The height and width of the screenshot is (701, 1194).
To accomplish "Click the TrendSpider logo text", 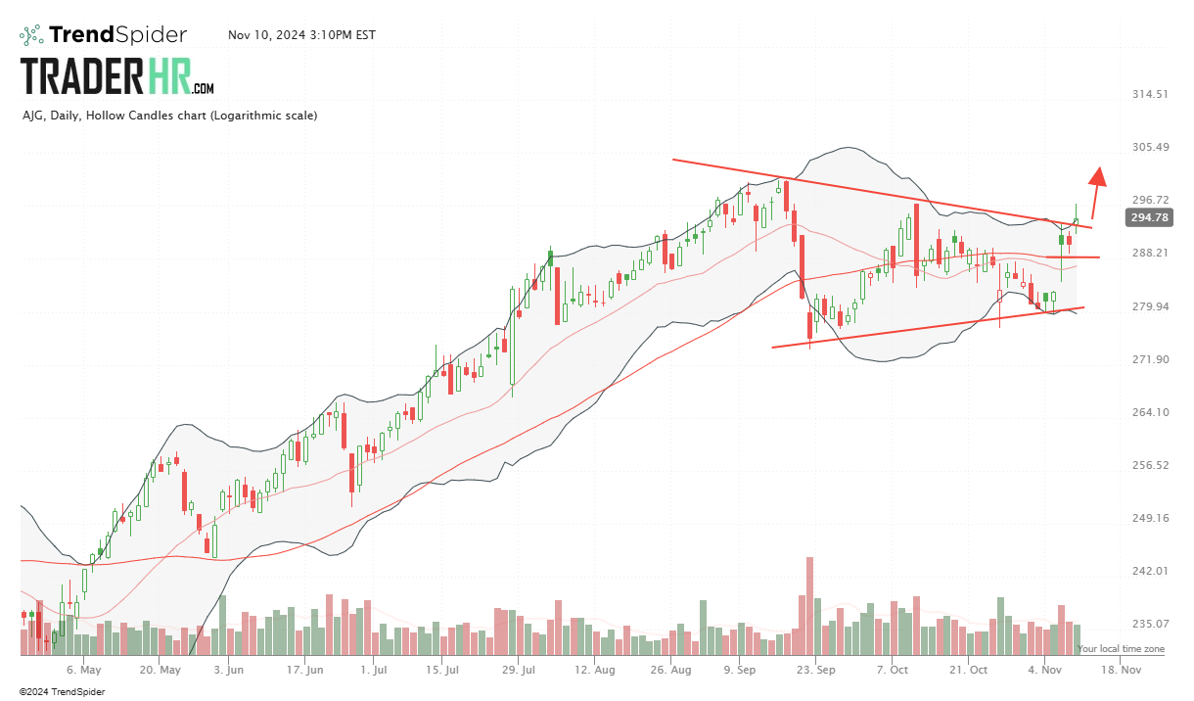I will [x=117, y=35].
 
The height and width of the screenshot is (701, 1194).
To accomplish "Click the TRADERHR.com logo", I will [x=117, y=76].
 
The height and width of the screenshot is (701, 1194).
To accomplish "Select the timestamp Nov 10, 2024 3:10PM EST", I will [x=301, y=35].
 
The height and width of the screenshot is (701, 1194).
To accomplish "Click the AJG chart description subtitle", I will [x=169, y=116].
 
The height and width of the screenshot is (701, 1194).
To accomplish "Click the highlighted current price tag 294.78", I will [x=1148, y=217].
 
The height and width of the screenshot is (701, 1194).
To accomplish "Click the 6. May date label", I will [x=84, y=671].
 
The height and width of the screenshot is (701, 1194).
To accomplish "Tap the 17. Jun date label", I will [x=306, y=671].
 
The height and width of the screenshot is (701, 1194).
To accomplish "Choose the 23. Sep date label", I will [x=815, y=671].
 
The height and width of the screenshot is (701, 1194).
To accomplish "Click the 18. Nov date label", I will [x=1120, y=671].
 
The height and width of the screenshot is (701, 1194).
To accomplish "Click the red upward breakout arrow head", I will [x=1098, y=175].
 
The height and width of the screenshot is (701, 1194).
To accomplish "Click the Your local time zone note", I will [x=1121, y=649].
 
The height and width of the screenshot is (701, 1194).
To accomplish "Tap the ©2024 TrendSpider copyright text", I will [x=62, y=691].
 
